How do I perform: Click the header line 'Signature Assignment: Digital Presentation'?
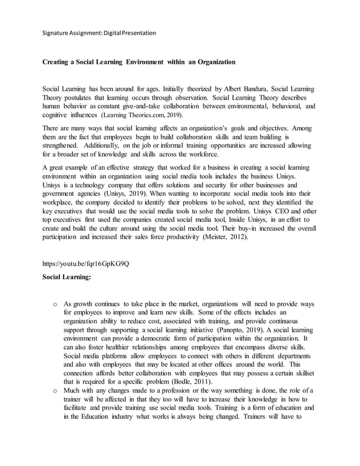click(x=99, y=33)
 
